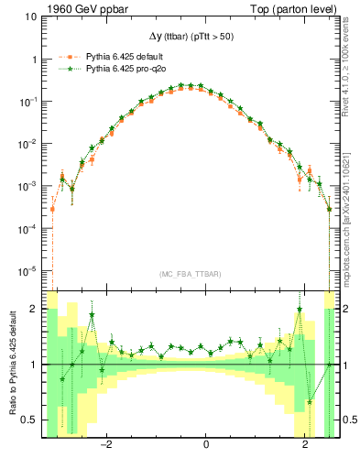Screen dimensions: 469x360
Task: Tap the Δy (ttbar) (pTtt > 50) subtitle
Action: tap(192, 36)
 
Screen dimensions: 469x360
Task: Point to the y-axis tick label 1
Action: tap(36, 59)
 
